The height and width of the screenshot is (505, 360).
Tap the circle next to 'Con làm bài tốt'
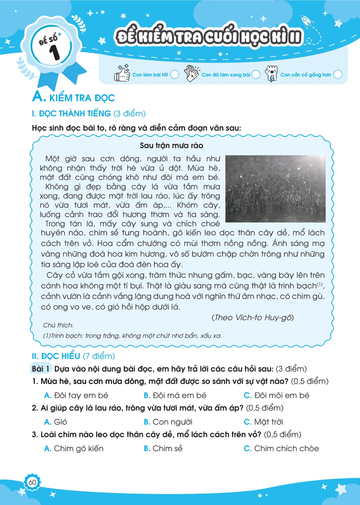click(x=175, y=74)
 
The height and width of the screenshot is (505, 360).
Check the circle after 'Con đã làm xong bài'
click(x=256, y=74)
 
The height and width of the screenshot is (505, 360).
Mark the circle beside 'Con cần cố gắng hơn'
click(x=338, y=74)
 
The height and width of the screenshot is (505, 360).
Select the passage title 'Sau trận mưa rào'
click(x=171, y=145)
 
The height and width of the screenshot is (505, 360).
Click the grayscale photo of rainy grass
click(x=275, y=189)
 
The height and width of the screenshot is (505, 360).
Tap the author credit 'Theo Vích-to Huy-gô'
click(x=252, y=317)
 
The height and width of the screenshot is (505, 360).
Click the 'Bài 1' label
click(x=41, y=369)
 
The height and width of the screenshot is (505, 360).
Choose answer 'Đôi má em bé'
click(x=179, y=395)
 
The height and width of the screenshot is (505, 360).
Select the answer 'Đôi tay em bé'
click(x=81, y=395)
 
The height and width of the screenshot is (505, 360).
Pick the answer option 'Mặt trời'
click(x=268, y=422)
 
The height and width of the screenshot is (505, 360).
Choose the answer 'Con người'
click(x=172, y=422)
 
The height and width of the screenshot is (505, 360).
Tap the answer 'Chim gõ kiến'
click(x=78, y=448)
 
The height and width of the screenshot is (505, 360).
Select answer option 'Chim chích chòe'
click(x=286, y=448)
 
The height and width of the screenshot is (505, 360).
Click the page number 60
click(x=32, y=482)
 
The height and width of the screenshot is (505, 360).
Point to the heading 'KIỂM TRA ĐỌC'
click(x=82, y=98)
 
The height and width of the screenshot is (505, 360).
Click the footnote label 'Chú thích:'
click(x=58, y=325)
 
